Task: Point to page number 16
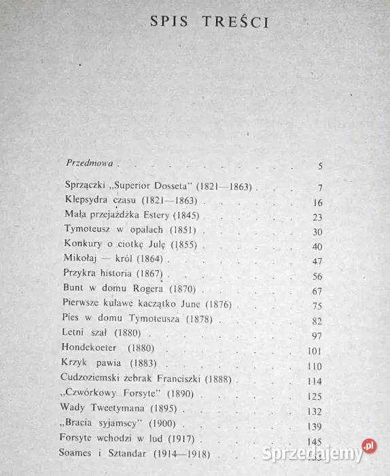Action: pyautogui.click(x=318, y=203)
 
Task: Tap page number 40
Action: pyautogui.click(x=318, y=245)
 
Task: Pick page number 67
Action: pyautogui.click(x=318, y=292)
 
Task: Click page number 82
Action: pyautogui.click(x=318, y=320)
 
